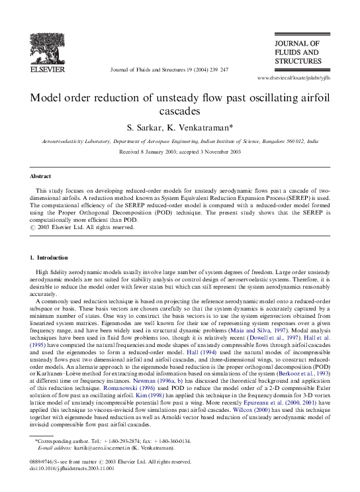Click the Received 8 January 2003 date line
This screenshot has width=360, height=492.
point(180,152)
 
